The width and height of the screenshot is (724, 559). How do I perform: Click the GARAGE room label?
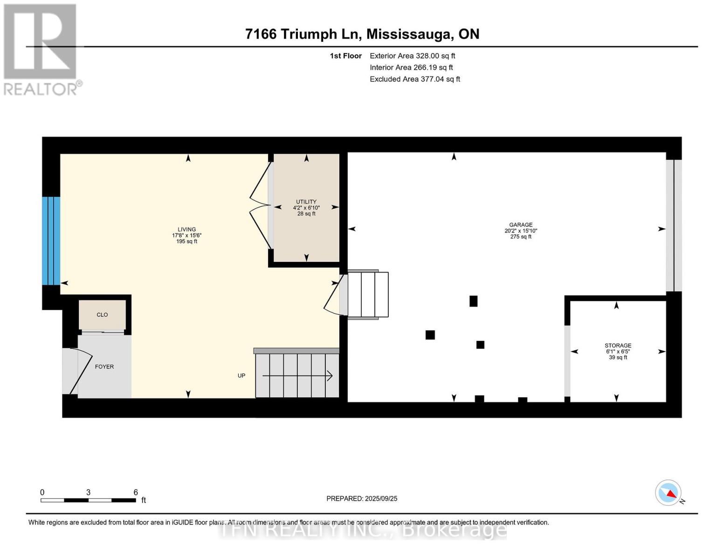click(x=520, y=225)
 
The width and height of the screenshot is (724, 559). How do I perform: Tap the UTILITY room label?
click(x=306, y=202)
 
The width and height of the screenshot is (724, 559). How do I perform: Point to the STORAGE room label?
click(x=618, y=346)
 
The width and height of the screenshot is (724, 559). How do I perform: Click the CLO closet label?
click(x=102, y=315)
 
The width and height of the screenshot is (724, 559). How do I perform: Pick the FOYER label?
click(x=104, y=367)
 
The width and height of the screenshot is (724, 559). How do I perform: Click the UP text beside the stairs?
click(x=241, y=375)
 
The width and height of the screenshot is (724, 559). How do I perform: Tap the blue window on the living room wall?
click(x=51, y=241)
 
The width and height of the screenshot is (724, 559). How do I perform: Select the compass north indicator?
click(x=669, y=493)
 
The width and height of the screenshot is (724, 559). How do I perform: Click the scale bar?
click(x=88, y=500)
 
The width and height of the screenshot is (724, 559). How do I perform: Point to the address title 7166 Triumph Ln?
click(x=362, y=34)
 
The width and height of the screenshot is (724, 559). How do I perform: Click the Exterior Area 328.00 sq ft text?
click(x=412, y=55)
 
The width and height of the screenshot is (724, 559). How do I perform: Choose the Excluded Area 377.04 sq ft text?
click(x=415, y=79)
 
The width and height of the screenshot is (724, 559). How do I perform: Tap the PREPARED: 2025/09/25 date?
click(x=362, y=498)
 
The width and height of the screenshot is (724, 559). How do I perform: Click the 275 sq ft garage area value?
click(x=521, y=237)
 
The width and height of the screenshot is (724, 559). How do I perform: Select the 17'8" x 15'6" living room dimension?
click(x=186, y=235)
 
